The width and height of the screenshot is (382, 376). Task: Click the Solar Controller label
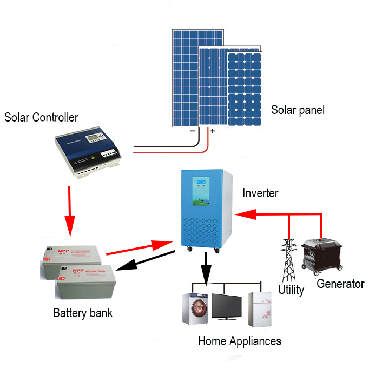click(x=41, y=117)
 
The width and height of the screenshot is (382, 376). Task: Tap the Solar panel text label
click(x=298, y=110)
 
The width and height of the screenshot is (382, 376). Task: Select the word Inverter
click(x=260, y=193)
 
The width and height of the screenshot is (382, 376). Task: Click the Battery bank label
click(x=83, y=313)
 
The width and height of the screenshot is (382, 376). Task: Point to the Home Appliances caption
click(x=239, y=341)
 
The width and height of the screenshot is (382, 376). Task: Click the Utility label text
click(x=291, y=290)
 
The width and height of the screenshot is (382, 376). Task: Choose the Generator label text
click(x=341, y=284)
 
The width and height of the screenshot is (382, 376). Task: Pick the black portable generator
click(x=322, y=257)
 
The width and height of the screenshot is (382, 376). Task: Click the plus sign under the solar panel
click(x=212, y=131)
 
